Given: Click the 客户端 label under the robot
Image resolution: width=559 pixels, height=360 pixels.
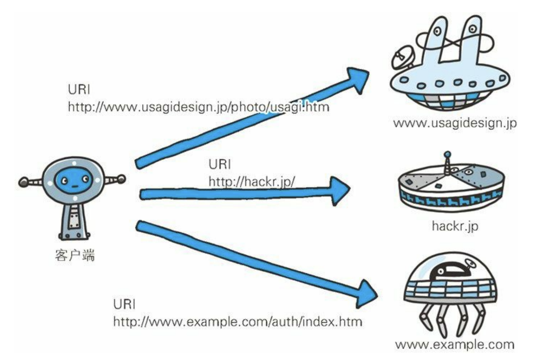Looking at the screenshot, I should (x=75, y=255).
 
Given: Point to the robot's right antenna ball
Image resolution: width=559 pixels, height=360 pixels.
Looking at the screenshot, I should (x=121, y=178).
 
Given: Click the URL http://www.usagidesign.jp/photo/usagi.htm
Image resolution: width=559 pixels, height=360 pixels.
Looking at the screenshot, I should (x=198, y=107).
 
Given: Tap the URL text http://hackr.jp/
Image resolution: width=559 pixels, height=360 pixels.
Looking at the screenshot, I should (x=251, y=182).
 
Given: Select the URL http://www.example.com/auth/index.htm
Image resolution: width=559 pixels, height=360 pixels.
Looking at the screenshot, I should (x=238, y=322).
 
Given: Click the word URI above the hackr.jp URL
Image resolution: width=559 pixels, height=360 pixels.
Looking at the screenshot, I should (x=219, y=164).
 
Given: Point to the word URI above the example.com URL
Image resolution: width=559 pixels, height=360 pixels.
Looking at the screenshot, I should (x=124, y=304).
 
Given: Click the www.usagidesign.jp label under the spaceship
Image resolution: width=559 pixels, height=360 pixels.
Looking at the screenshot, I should (x=455, y=123).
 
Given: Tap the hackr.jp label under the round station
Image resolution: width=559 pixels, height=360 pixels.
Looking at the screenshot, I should (x=455, y=226).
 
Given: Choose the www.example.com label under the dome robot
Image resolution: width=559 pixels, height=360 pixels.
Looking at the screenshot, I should (x=455, y=345).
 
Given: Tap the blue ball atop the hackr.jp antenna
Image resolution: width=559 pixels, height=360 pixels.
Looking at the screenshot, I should (x=448, y=155).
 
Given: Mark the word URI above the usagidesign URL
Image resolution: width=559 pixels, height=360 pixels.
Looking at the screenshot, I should (x=79, y=89).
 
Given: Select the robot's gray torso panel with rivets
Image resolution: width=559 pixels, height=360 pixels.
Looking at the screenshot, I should (x=74, y=221).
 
